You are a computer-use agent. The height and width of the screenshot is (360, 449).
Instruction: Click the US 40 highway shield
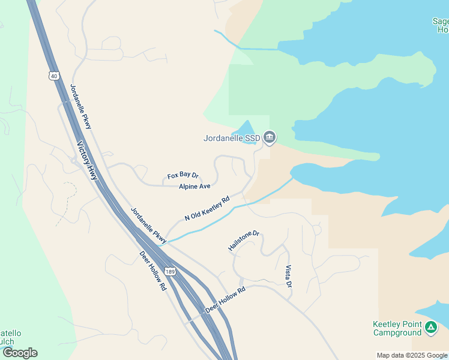53,76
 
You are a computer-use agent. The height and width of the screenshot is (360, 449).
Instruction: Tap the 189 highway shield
170,272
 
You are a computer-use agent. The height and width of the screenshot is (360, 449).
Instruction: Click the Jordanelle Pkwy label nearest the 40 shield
81,106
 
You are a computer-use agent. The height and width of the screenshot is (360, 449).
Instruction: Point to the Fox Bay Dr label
182,175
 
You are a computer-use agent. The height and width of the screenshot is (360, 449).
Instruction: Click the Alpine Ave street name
194,187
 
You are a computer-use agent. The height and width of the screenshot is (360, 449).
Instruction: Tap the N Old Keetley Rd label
207,208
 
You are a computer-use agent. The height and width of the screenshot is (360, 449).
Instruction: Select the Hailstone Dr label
243,241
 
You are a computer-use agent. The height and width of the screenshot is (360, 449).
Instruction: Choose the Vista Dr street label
288,275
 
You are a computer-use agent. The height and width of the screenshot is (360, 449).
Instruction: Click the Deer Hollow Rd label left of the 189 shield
152,271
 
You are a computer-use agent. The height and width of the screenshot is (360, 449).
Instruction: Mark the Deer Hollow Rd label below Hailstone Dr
226,298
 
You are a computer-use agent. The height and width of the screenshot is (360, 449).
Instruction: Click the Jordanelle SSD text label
232,138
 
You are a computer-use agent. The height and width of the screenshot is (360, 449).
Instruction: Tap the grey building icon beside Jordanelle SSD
270,138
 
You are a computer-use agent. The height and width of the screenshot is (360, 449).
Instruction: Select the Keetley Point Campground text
397,328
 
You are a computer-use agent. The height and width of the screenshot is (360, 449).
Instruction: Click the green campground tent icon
430,328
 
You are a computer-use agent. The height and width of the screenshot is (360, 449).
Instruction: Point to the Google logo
20,353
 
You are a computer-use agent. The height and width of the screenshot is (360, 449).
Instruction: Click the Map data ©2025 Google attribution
412,355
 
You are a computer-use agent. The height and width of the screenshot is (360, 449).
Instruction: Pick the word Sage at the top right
440,21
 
